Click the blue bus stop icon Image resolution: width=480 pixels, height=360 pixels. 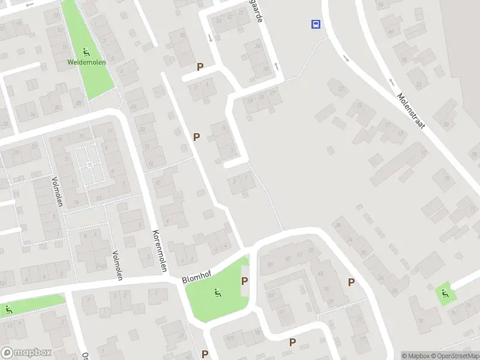pos(315,24)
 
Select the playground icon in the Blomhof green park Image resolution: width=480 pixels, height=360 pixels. pos(217,293)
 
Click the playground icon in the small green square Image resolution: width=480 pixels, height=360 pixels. pos(445,293)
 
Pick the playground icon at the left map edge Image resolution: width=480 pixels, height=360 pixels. pos(8,310)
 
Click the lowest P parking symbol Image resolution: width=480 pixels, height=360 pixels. pos(205,354)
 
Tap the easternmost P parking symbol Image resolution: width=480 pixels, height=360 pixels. pos(351,282)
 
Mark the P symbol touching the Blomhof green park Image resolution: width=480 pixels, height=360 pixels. pos(244,281)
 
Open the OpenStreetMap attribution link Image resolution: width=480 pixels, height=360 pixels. pos(457,356)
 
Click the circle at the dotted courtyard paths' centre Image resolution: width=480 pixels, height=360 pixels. pos(89,164)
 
